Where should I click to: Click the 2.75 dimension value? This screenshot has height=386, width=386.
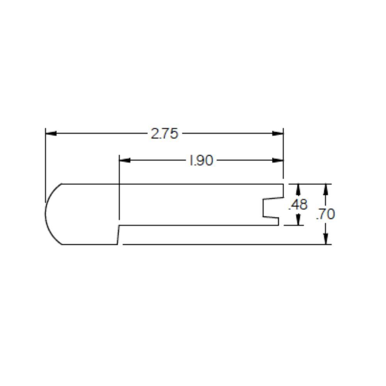click(164, 134)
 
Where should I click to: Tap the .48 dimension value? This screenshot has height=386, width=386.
click(298, 205)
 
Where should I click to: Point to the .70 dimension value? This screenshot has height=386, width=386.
click(325, 214)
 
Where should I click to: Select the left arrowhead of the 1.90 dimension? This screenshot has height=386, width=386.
click(125, 160)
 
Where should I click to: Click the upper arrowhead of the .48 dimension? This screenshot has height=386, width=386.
click(298, 189)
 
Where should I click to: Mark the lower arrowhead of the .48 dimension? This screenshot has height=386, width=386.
click(298, 220)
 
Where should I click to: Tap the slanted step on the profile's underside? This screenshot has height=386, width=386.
click(118, 235)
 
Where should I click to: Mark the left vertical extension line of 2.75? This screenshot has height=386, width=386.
click(46, 162)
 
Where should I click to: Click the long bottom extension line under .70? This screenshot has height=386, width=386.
click(224, 244)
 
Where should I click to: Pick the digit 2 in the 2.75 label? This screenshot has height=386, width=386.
click(154, 134)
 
